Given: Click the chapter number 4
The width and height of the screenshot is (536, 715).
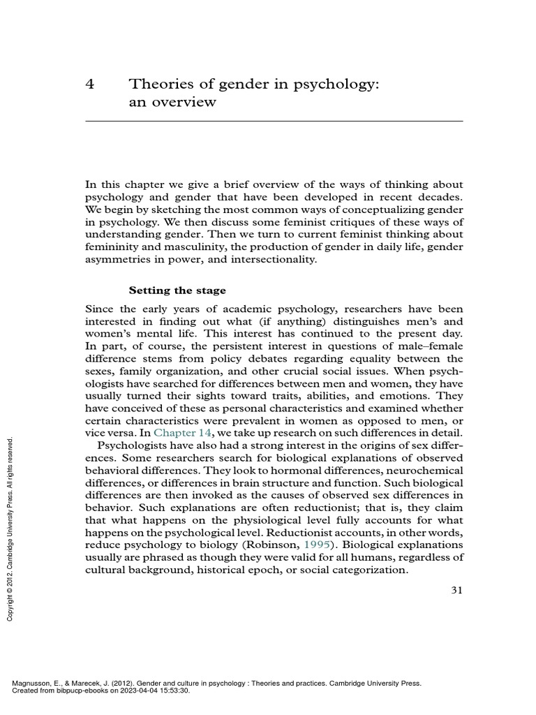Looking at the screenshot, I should pos(89,84).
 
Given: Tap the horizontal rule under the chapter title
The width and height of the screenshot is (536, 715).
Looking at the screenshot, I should pos(274,121).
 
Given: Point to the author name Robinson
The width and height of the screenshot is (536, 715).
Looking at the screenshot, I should pos(272,545).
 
